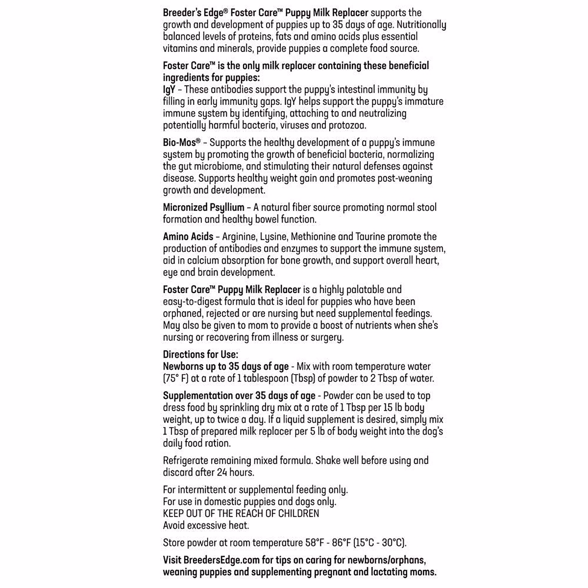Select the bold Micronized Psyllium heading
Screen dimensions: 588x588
pos(203,207)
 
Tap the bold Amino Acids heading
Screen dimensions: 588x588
pos(188,237)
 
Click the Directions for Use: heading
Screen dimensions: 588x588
pos(200,354)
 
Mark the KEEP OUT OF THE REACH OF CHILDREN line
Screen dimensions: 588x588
pos(241,514)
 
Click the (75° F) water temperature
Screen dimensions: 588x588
pos(176,378)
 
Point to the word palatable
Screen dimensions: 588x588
pos(360,290)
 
